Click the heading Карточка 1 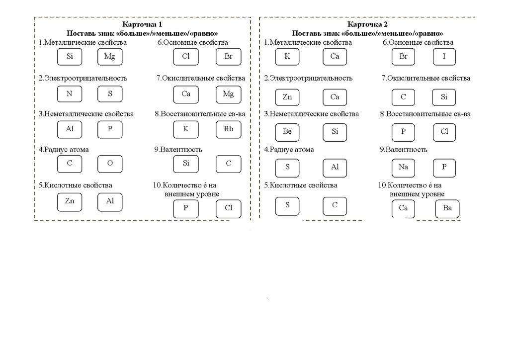pyautogui.click(x=142, y=24)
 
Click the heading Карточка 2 pyautogui.click(x=367, y=24)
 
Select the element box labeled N pyautogui.click(x=70, y=93)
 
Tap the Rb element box pyautogui.click(x=228, y=129)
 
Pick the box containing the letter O pyautogui.click(x=110, y=164)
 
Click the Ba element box pyautogui.click(x=447, y=208)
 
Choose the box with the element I pyautogui.click(x=444, y=57)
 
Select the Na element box pyautogui.click(x=403, y=167)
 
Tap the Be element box pyautogui.click(x=287, y=132)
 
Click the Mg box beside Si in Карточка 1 pyautogui.click(x=110, y=57)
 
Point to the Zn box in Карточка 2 pyautogui.click(x=287, y=97)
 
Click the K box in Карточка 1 pyautogui.click(x=186, y=129)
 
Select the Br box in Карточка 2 pyautogui.click(x=403, y=57)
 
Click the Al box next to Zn pyautogui.click(x=110, y=201)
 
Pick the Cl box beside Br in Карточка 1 pyautogui.click(x=186, y=57)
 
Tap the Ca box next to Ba pyautogui.click(x=403, y=208)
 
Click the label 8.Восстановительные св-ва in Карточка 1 pyautogui.click(x=200, y=114)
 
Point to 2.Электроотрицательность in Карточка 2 pyautogui.click(x=308, y=78)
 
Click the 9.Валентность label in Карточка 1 pyautogui.click(x=178, y=149)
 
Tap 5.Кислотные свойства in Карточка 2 pyautogui.click(x=301, y=185)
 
